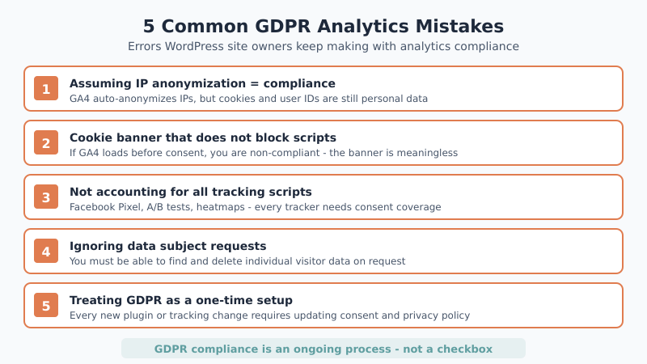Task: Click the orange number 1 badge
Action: coord(46,88)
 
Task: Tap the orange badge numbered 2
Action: coord(46,142)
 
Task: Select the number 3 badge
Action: coord(46,197)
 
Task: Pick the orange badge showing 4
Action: coord(46,251)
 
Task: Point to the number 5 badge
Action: coord(46,305)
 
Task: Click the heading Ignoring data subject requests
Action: coord(167,245)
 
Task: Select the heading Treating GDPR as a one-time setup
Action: coord(181,299)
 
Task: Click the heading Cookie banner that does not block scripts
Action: coord(203,137)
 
